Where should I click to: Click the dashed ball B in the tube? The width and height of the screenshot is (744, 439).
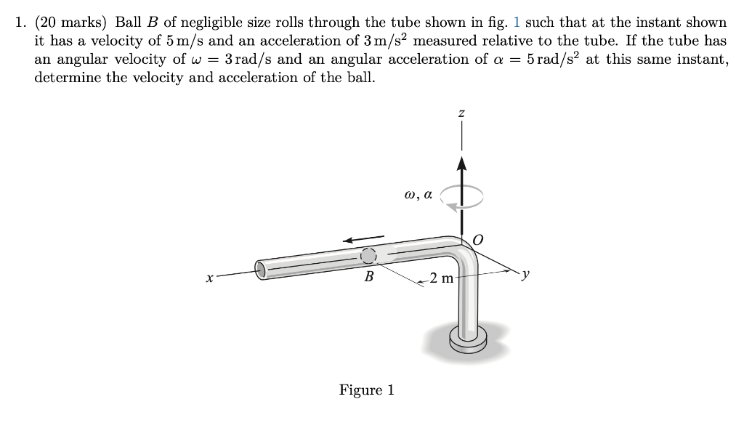(x=369, y=255)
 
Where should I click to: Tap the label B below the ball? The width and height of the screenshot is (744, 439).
(x=369, y=277)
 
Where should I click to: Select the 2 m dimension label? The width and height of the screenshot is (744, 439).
(x=440, y=278)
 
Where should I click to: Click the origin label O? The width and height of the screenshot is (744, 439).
(x=479, y=239)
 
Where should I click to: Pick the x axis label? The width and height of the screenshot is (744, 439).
(x=209, y=277)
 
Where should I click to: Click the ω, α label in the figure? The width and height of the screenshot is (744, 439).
(x=418, y=194)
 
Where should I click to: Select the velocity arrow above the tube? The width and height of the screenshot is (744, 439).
(x=364, y=238)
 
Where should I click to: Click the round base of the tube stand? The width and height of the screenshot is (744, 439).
(x=466, y=339)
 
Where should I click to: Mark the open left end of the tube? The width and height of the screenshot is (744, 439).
(x=262, y=270)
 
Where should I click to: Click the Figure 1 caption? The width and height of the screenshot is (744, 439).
(x=367, y=390)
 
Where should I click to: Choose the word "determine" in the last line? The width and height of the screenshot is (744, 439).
(x=64, y=78)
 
